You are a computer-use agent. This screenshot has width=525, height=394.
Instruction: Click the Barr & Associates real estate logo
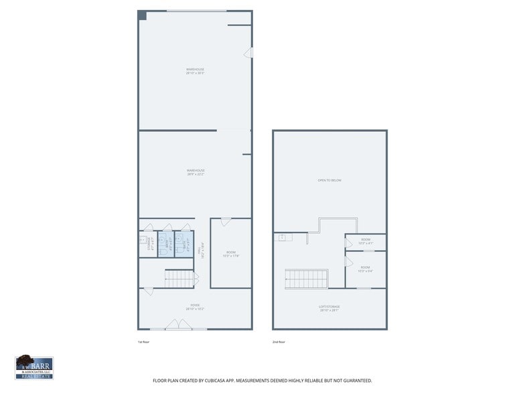(34, 367)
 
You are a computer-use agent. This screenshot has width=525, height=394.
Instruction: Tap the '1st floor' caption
(143, 342)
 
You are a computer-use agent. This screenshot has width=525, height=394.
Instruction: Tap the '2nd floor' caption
(279, 342)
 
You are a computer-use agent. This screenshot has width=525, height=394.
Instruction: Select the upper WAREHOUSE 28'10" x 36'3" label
(195, 70)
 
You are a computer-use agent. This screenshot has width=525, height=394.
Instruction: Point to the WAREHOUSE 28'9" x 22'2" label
(196, 172)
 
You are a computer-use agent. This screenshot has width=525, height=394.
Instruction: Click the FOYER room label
(195, 307)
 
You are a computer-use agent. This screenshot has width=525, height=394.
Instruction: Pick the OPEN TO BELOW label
(329, 180)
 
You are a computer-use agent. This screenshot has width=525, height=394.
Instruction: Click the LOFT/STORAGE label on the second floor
(329, 308)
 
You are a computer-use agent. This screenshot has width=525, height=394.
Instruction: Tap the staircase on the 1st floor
(179, 279)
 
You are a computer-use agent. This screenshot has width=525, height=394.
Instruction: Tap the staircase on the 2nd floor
(307, 279)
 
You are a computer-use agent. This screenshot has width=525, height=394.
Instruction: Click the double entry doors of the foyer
(179, 326)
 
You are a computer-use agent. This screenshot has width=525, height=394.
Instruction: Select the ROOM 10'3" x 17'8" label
(230, 254)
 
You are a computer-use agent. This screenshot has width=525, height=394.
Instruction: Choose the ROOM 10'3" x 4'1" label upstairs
(366, 241)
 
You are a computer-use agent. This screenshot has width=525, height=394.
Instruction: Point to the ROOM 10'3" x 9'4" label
(366, 269)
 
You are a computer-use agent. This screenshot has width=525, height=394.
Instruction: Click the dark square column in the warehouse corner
(142, 15)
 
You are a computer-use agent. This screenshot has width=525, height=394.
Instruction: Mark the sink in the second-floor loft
(283, 237)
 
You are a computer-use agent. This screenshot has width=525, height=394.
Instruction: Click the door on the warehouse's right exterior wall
(248, 52)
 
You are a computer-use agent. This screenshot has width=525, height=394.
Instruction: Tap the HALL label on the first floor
(200, 249)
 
